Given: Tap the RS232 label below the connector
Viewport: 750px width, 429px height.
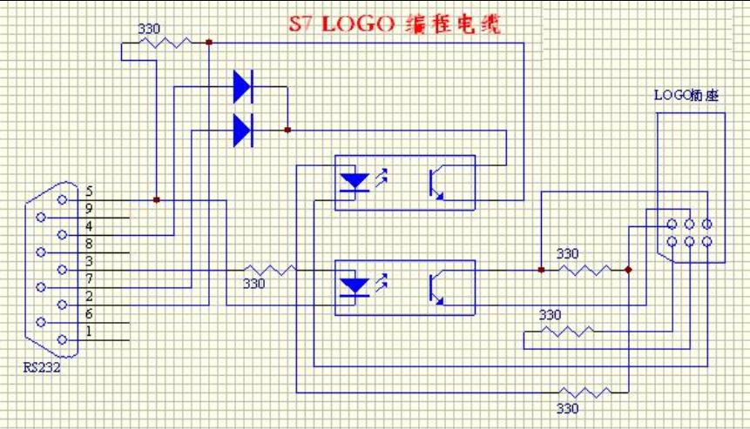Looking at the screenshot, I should coord(42,367).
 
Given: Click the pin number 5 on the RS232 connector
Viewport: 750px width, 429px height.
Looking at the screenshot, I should coord(90,191).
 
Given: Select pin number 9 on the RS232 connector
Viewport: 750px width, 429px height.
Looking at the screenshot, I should coord(90,209).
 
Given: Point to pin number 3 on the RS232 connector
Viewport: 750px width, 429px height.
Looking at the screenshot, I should coord(90,261).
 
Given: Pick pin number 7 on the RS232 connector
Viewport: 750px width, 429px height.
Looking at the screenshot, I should coord(90,278).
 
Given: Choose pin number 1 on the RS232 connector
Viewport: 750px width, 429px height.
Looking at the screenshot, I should coord(90,332).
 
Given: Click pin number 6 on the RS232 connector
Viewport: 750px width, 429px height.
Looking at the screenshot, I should coord(90,314).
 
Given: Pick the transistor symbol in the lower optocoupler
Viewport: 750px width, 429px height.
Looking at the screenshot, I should coord(436,287).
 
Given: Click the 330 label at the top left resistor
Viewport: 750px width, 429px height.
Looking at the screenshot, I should coord(149,29).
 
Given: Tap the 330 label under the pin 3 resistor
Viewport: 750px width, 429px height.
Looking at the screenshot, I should coord(253,284).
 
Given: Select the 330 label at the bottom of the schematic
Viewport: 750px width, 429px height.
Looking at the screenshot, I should coord(566,407).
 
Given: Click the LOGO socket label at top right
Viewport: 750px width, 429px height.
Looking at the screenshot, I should coord(686,95).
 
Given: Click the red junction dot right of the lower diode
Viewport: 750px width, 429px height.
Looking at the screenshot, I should coord(287,131).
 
